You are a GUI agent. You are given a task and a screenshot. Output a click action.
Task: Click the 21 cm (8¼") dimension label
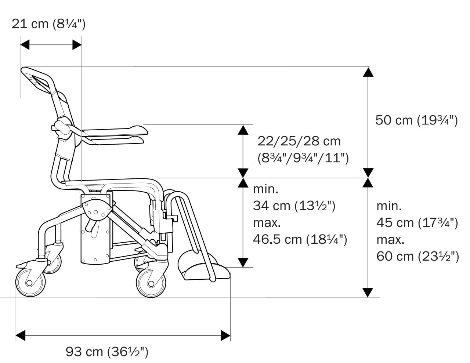point(48,24)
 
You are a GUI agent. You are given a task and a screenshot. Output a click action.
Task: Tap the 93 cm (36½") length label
point(107,352)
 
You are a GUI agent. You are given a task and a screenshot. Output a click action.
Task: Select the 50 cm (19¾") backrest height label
point(417,120)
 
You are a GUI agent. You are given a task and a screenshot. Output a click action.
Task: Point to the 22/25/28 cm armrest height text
point(299,141)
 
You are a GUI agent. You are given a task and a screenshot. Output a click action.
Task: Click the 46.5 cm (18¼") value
point(300,239)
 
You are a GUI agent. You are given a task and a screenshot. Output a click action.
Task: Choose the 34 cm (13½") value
point(294,206)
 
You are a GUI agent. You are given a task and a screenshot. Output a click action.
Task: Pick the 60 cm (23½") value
point(417,257)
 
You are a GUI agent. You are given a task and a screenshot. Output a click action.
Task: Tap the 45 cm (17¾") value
point(417,223)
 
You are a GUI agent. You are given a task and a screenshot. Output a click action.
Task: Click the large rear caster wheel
point(30,282)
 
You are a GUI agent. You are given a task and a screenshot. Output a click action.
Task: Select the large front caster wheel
point(151,283)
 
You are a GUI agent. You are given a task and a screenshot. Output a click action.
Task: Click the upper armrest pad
point(115,131)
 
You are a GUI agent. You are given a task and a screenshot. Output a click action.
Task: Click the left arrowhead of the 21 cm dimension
point(25,45)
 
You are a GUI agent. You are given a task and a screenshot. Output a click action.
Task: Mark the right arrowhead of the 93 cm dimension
point(225,335)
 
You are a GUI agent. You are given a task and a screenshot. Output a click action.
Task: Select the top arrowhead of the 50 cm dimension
point(368,72)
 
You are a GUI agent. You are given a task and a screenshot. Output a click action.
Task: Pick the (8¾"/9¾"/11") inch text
point(303,158)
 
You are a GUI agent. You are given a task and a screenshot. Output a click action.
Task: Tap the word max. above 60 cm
point(390,240)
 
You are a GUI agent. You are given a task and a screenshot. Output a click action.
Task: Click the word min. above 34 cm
point(265,189)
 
